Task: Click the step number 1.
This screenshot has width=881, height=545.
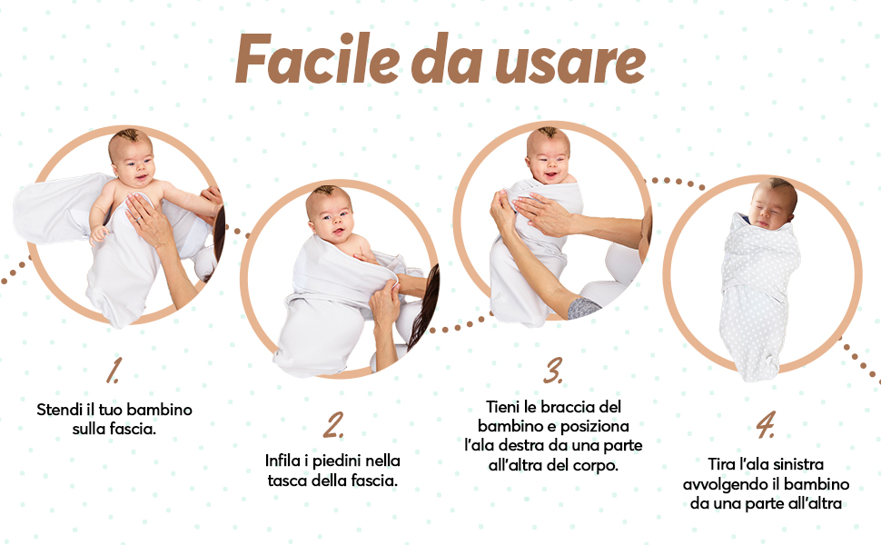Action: [x=114, y=371]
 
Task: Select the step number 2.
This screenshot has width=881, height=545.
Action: [x=334, y=424]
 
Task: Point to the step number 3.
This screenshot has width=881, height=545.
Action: [x=553, y=370]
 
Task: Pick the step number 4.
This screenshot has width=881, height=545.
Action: [x=765, y=425]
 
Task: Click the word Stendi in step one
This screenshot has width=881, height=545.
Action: [x=59, y=410]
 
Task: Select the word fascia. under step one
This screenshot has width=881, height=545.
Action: [x=133, y=429]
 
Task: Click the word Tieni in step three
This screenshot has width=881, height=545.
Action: [x=505, y=406]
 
